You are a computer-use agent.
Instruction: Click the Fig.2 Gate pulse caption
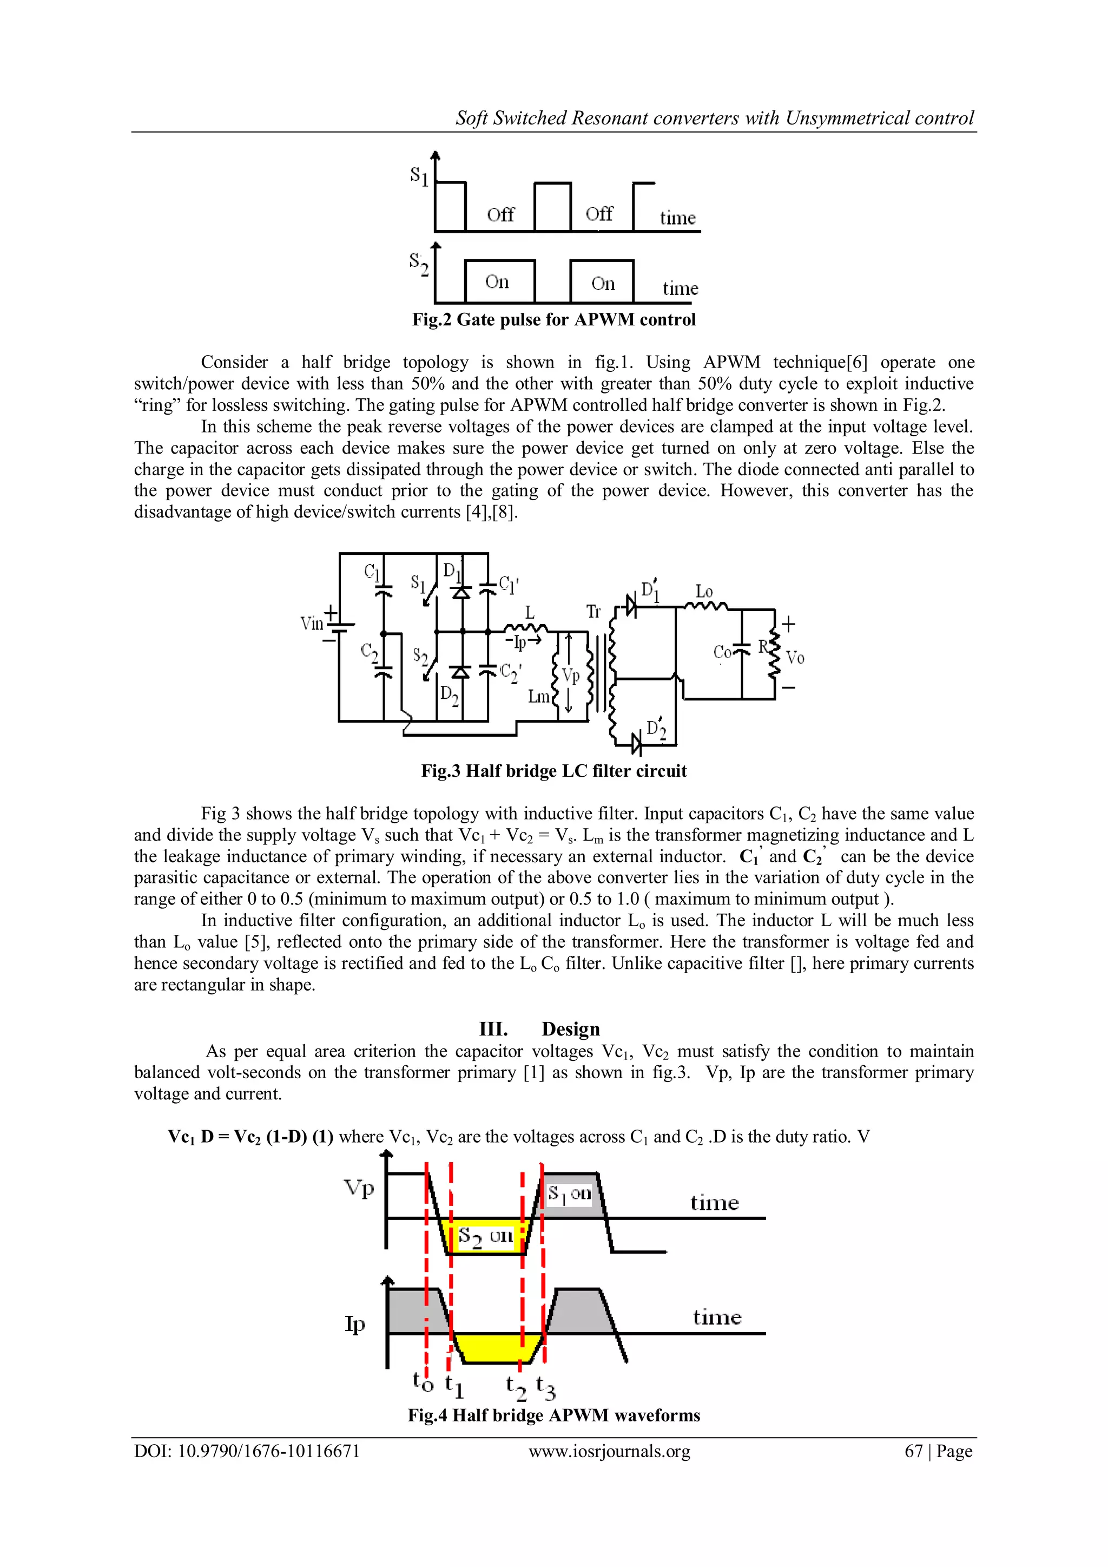pyautogui.click(x=553, y=319)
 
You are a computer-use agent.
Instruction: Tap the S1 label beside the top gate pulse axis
pyautogui.click(x=419, y=176)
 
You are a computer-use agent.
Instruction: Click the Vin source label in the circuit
pyautogui.click(x=312, y=623)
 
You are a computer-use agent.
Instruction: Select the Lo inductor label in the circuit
pyautogui.click(x=704, y=591)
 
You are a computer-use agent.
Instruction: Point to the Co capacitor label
pyautogui.click(x=722, y=652)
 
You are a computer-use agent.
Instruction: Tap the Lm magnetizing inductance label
pyautogui.click(x=538, y=697)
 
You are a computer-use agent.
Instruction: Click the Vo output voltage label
pyautogui.click(x=795, y=658)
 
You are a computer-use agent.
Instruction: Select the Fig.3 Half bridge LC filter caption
pyautogui.click(x=553, y=771)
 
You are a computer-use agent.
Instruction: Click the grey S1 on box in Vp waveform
pyautogui.click(x=570, y=1194)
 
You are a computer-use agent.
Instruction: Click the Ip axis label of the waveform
pyautogui.click(x=355, y=1324)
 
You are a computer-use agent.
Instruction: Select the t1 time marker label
pyautogui.click(x=454, y=1386)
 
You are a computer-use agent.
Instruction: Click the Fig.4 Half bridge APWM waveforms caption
pyautogui.click(x=553, y=1415)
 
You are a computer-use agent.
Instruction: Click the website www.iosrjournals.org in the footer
pyautogui.click(x=609, y=1452)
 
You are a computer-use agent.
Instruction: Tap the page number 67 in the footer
pyautogui.click(x=914, y=1452)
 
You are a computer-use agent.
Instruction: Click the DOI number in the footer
pyautogui.click(x=247, y=1452)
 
